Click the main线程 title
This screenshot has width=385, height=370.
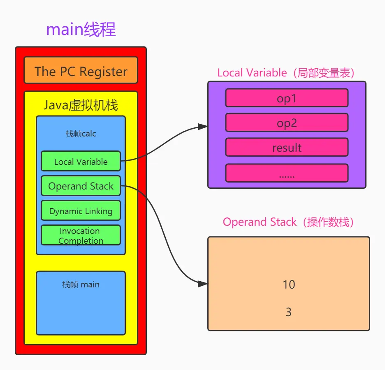(81, 30)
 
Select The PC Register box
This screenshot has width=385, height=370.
(81, 71)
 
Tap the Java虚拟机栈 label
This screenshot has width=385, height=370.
(81, 105)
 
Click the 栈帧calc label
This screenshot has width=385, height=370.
(81, 134)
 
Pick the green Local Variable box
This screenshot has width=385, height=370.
(81, 161)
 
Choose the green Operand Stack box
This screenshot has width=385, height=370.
(81, 186)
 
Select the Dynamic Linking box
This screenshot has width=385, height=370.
(81, 211)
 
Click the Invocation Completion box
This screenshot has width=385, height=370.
(81, 235)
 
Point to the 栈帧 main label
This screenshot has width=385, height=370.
(81, 284)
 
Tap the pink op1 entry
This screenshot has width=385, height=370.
(287, 98)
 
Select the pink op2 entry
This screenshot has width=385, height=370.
(287, 123)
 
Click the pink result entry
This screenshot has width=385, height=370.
(287, 148)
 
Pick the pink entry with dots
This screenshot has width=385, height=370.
(287, 173)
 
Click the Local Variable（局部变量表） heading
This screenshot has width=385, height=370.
(287, 73)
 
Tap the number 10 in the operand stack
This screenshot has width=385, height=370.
(289, 284)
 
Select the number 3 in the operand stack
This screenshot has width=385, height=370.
(289, 312)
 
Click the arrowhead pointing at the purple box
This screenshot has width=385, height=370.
(203, 127)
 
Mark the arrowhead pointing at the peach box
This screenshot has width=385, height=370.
(203, 284)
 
